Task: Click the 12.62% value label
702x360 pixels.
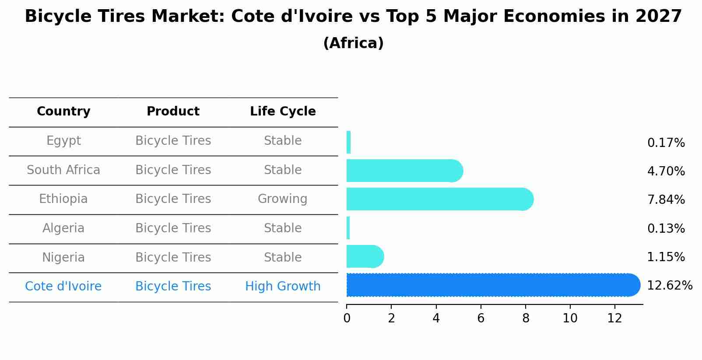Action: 669,286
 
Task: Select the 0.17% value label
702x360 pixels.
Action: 666,143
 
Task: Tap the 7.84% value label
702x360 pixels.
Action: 666,200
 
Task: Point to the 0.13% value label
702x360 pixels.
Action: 666,228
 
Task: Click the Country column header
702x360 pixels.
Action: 63,112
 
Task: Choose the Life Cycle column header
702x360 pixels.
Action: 283,112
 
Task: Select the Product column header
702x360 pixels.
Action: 173,112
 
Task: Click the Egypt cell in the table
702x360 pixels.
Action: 63,141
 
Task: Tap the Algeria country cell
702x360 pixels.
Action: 63,228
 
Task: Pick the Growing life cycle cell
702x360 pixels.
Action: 283,199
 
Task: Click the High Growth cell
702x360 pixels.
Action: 283,287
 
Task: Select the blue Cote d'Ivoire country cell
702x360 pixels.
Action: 63,287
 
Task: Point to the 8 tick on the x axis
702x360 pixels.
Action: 526,318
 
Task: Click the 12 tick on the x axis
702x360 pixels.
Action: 614,318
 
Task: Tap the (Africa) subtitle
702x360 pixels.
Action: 353,43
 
